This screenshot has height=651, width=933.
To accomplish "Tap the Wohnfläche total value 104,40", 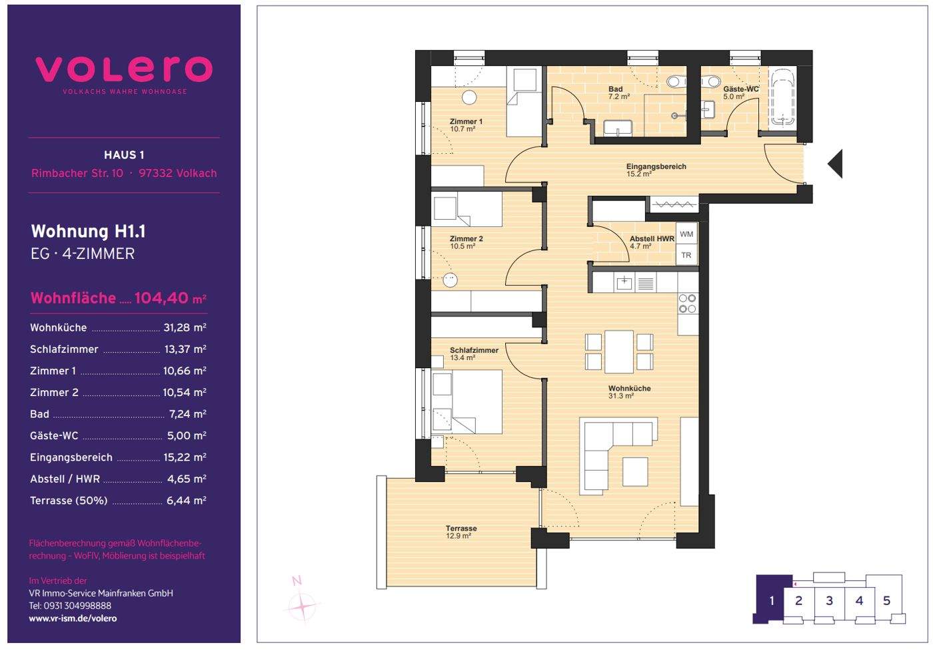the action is pos(161,298).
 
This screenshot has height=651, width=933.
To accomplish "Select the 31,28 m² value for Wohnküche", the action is pos(185,327).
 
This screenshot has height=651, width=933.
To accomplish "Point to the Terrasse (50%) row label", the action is pos(69,501).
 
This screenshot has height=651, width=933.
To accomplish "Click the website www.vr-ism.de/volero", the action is pos(73,618).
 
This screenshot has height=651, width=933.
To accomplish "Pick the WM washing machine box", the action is pos(686,234).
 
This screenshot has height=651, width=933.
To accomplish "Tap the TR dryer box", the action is pos(686,254).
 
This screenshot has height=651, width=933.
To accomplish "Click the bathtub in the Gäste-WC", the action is pos(782,97).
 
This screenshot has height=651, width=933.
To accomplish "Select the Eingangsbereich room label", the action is pos(656,166).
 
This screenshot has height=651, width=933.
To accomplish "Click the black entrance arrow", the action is pos(836,164).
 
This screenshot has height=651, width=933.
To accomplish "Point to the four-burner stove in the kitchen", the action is pos(687,304).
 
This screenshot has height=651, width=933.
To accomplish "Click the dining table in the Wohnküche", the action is pos(619,351).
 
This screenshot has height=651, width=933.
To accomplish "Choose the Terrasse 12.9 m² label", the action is pos(461,532).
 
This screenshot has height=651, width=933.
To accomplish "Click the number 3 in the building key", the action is pos(829,600).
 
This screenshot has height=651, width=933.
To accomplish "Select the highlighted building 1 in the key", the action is pos(772,599).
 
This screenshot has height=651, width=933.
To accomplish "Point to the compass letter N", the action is pos(297,580).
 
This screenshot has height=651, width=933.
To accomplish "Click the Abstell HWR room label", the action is pos(652,239).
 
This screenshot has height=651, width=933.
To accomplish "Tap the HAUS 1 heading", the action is pos(124,155).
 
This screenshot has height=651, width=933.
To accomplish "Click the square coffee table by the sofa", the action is pos(635,472).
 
